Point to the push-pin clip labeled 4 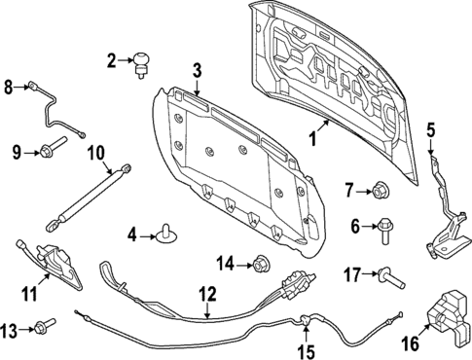pos(168,233)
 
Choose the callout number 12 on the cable pos(206,294)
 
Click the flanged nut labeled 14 pos(260,262)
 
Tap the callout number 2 pos(113,61)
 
